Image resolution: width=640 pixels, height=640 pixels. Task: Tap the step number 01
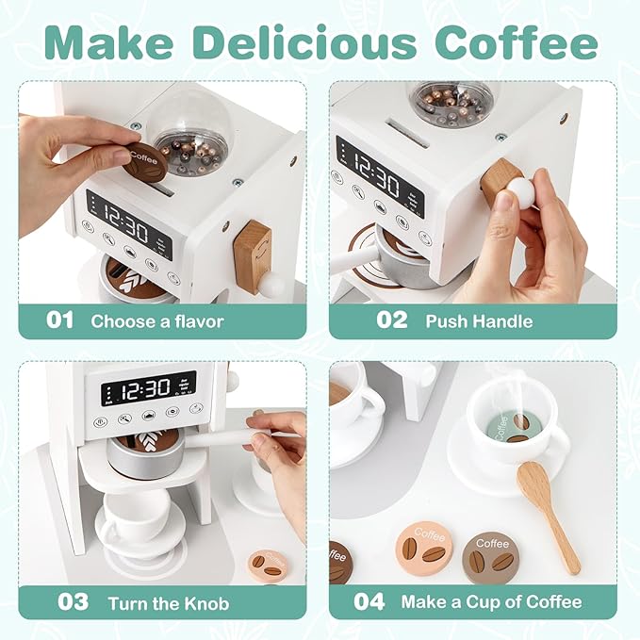coord(59,320)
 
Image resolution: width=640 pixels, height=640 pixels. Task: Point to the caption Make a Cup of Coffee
coord(491,601)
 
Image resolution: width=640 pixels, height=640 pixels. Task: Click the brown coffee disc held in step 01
coord(145,163)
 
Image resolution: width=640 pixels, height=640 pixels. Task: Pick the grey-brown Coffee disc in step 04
coord(491,556)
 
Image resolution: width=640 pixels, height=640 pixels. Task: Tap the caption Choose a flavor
coord(157,320)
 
